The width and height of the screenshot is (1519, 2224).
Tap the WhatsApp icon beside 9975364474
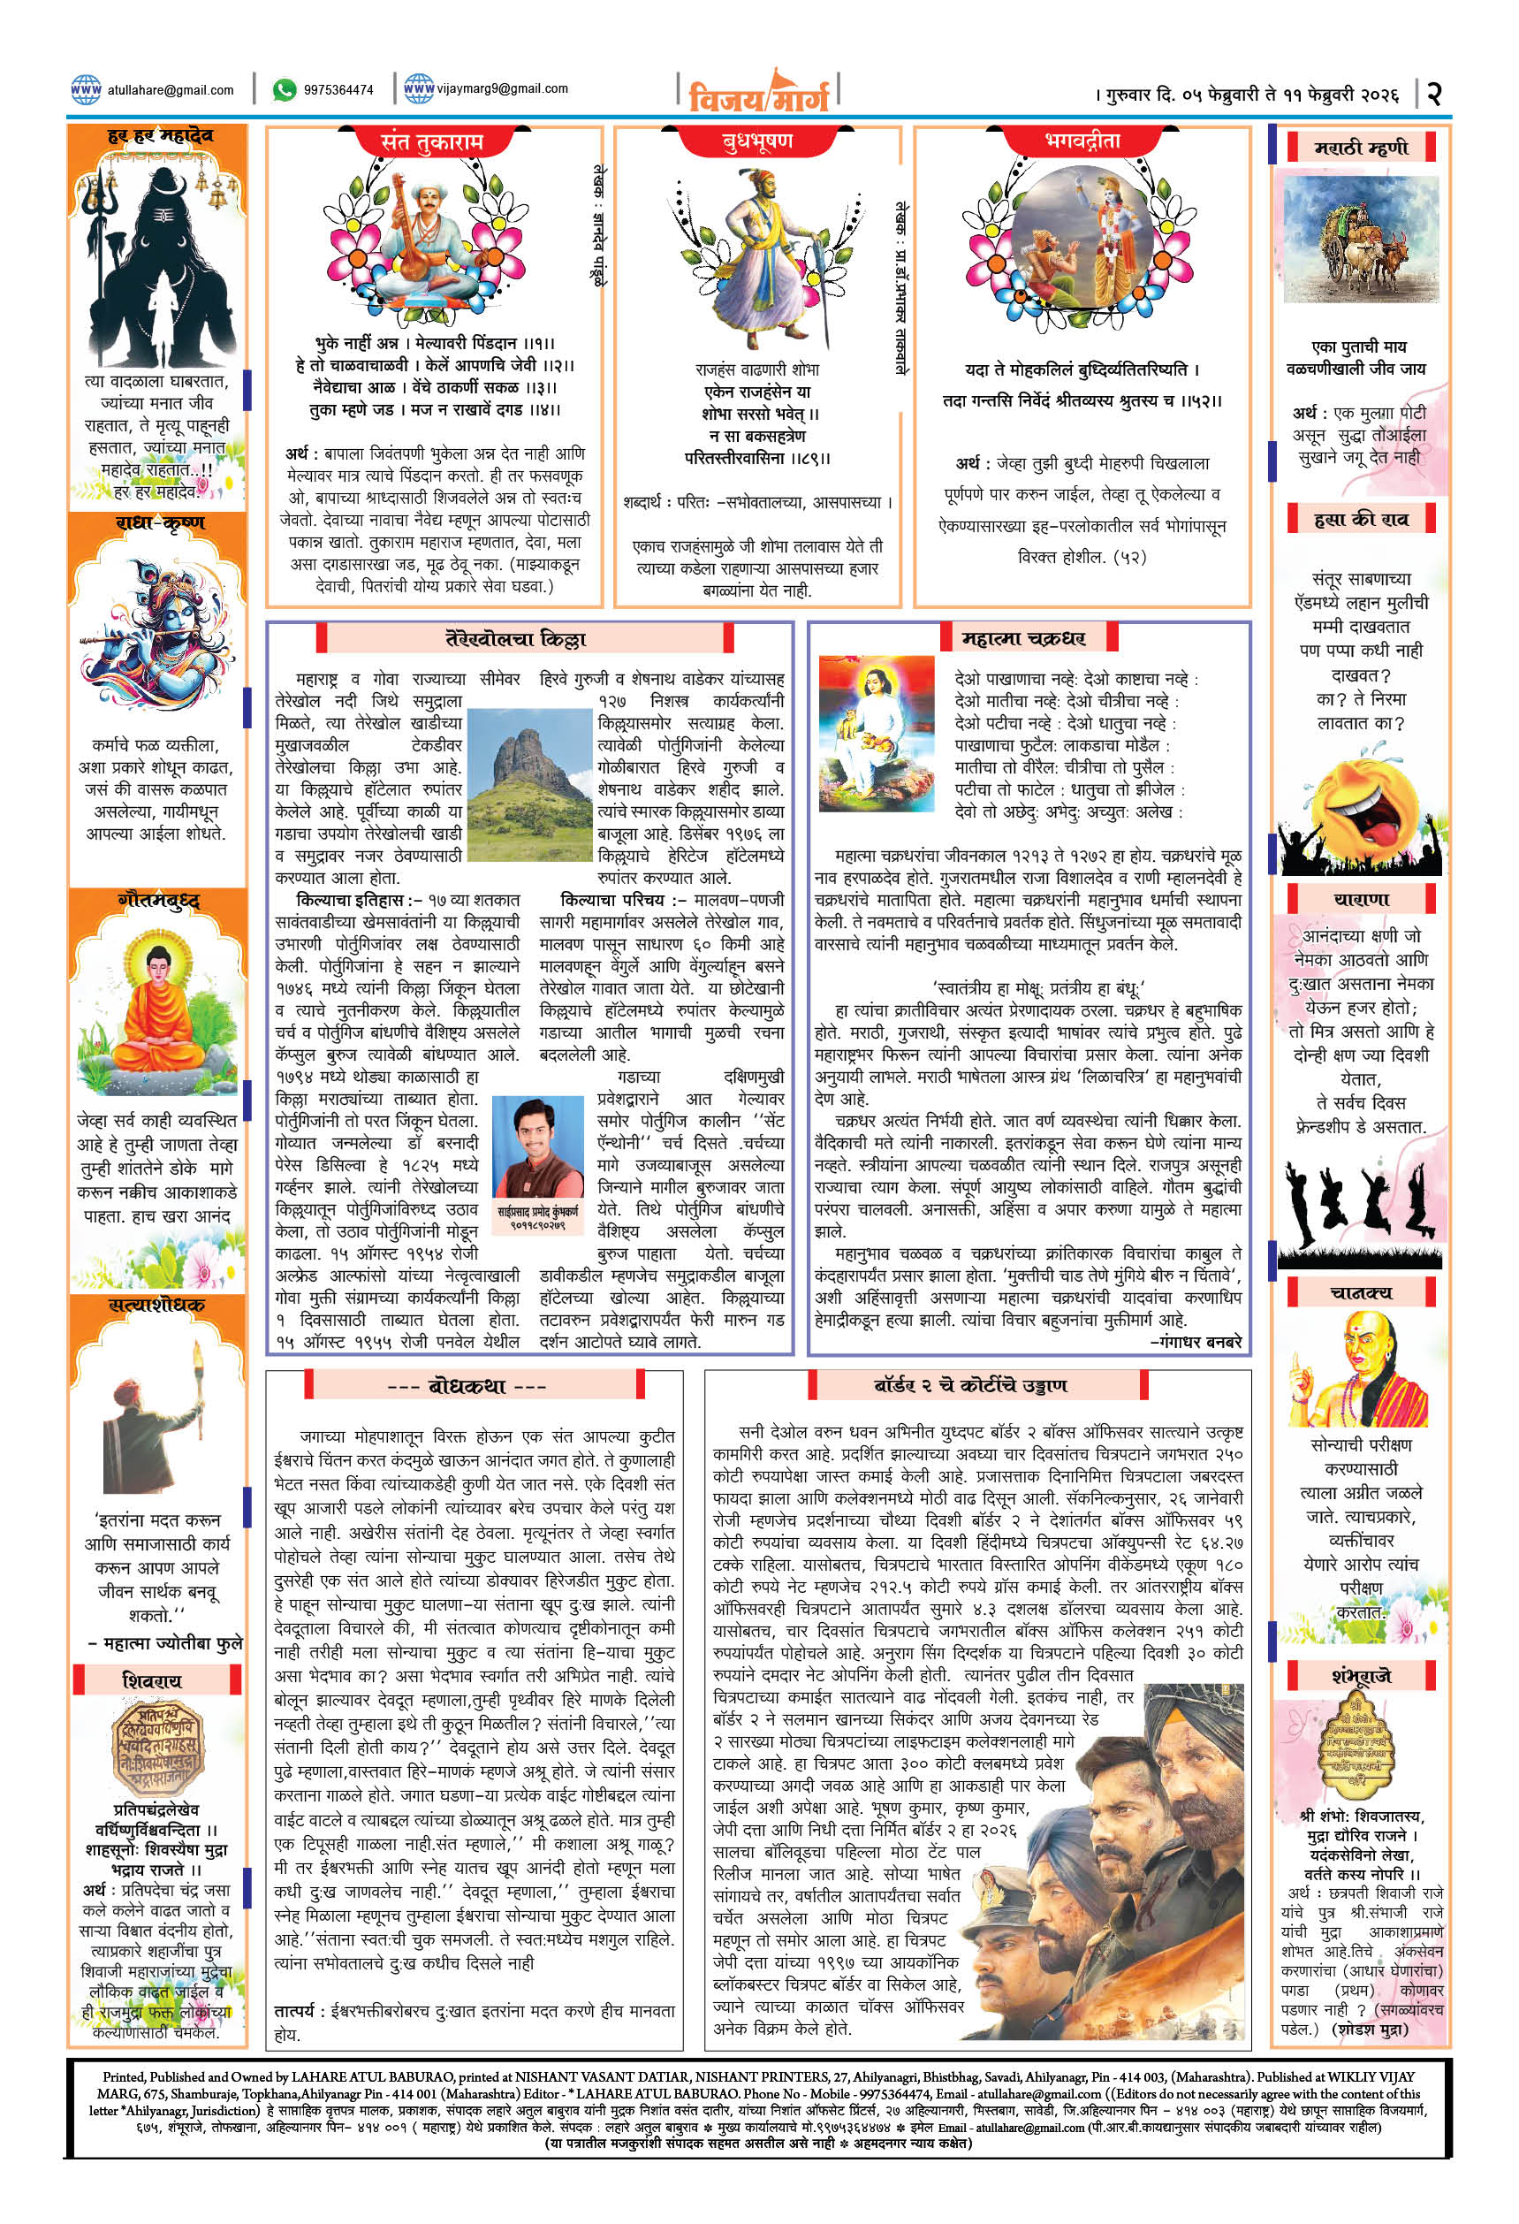(285, 90)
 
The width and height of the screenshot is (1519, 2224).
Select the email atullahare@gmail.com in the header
(171, 91)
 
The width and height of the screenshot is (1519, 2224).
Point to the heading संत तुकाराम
(431, 142)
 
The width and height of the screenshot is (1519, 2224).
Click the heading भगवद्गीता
(1081, 141)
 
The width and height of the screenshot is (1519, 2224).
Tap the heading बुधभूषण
(756, 141)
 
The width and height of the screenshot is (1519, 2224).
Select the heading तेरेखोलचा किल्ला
(517, 638)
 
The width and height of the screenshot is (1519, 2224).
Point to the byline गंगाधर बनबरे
(1196, 1343)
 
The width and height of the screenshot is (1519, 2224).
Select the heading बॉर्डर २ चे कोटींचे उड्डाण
(970, 1385)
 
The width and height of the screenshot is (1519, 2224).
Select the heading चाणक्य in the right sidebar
(1360, 1293)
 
